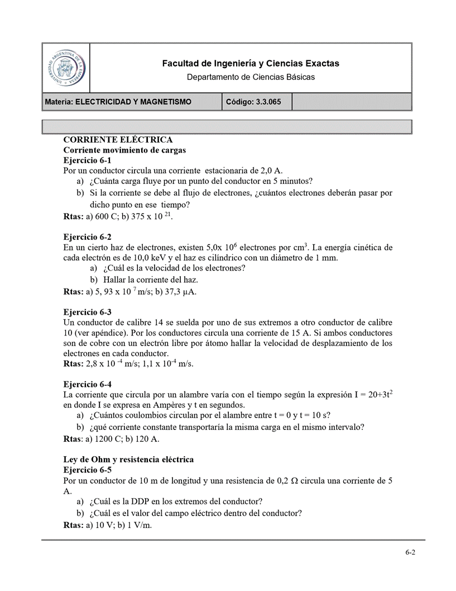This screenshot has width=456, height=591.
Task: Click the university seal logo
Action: [x=66, y=68]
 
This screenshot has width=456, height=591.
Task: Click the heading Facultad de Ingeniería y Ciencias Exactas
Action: [x=251, y=64]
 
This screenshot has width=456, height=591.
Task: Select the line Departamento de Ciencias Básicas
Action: [x=251, y=77]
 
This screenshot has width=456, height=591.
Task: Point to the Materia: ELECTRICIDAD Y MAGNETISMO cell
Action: [x=118, y=102]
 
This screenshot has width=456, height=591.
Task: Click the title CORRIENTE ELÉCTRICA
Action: [x=118, y=140]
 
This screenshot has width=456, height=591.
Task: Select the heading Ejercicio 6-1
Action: [x=88, y=160]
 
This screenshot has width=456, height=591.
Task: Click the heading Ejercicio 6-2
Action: [x=88, y=237]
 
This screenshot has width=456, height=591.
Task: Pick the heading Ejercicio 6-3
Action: [x=88, y=312]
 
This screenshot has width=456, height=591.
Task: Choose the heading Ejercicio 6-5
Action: [x=88, y=470]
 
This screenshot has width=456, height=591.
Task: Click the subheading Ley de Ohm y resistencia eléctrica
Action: [x=128, y=460]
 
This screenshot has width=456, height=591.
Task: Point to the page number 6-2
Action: [x=410, y=552]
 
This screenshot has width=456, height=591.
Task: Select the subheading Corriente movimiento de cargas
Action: [x=124, y=150]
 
